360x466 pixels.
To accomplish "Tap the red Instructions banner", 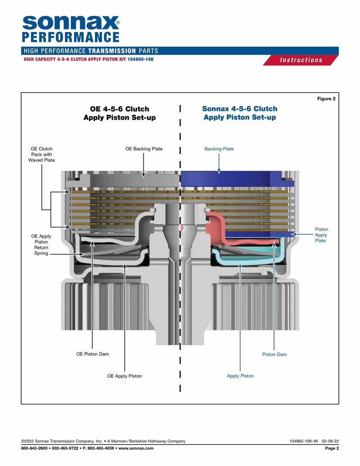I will tap(301, 60).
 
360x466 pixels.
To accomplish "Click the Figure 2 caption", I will tap(326, 99).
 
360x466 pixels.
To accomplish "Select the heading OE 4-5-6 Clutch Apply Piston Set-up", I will tap(116, 113).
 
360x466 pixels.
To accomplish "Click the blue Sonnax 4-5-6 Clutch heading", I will tap(239, 113).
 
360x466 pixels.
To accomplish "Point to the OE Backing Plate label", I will tap(144, 149).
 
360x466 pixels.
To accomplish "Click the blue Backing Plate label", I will tap(219, 149).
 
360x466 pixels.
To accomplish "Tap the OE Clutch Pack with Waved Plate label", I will tap(41, 154).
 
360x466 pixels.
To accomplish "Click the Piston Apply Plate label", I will tap(321, 235).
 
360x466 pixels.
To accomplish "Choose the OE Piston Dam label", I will tap(93, 354).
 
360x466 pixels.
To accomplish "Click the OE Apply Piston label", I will tap(124, 376).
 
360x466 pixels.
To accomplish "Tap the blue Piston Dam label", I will tap(274, 354).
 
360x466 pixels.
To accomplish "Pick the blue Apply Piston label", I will tap(240, 376).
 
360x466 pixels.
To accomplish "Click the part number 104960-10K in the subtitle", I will tap(140, 59).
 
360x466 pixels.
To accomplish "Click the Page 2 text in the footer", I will tap(332, 448).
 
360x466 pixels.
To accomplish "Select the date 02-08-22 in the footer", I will tap(330, 441).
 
